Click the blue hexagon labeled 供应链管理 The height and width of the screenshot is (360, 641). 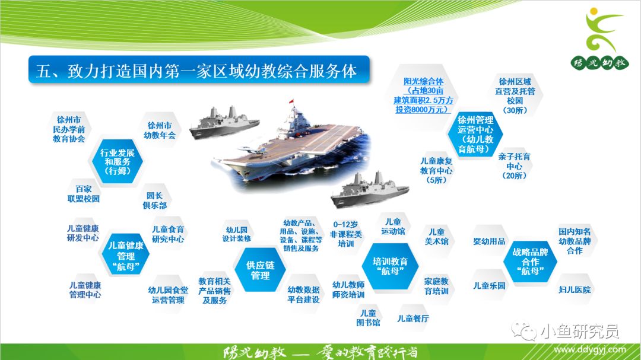click(261, 270)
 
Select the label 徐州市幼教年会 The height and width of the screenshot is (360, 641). click(160, 130)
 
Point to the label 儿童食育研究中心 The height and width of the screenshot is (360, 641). click(168, 234)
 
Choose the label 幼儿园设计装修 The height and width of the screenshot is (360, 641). click(237, 234)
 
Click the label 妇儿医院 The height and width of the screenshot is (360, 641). click(575, 289)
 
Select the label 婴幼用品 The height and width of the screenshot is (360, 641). click(489, 241)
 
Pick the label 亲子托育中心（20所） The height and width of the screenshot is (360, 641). click(514, 166)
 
